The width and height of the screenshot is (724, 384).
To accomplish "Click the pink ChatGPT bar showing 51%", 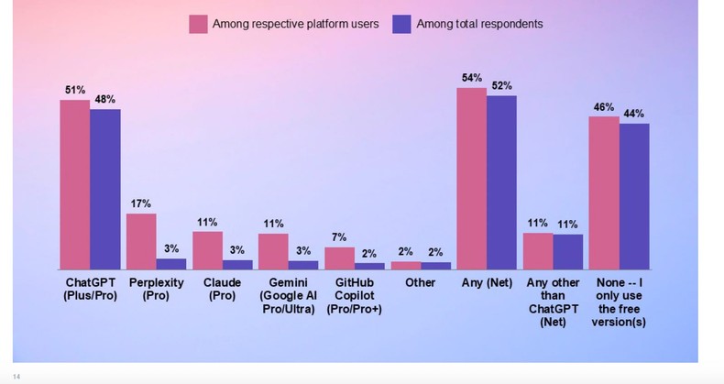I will (x=75, y=184).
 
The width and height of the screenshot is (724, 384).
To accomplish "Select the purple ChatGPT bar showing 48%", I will (x=105, y=189).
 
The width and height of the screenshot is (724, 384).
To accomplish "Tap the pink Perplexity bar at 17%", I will (x=141, y=241).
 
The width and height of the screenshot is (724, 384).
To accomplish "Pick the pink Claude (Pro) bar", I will (x=207, y=250).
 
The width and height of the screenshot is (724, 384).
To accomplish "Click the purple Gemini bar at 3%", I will (x=303, y=265).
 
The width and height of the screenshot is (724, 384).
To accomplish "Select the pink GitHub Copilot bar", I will (x=339, y=258).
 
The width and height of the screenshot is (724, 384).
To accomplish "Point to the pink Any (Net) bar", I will (x=472, y=180).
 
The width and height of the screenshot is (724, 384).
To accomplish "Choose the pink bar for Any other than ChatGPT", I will (x=538, y=250).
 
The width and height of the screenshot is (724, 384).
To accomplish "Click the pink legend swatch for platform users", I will (x=198, y=23).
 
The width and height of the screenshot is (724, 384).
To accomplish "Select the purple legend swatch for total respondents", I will (x=400, y=23).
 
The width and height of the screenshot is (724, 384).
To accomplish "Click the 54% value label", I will (x=472, y=78).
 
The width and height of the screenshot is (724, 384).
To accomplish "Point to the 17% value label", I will (x=140, y=203).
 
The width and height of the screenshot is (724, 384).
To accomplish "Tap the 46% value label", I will (x=603, y=106).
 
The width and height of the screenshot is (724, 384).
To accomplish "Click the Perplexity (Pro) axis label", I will (x=156, y=290).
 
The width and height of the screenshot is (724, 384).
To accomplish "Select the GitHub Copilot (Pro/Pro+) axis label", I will (x=354, y=296).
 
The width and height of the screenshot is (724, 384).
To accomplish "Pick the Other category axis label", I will (x=421, y=283).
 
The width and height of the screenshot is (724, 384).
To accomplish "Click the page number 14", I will (x=16, y=376).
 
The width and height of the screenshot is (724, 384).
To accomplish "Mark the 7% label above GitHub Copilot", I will (x=339, y=236).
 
